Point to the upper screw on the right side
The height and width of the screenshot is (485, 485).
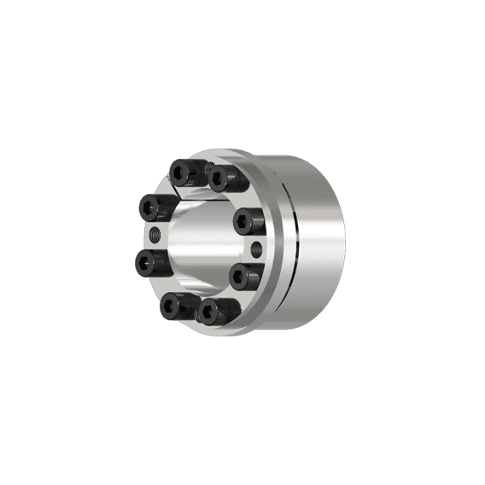point(248,220)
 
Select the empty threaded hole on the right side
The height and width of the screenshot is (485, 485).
point(258,248)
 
